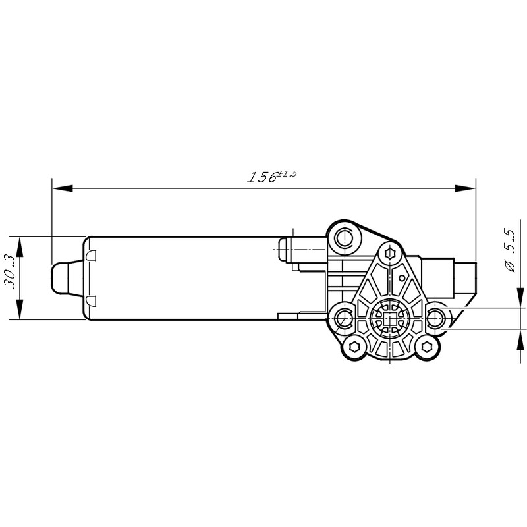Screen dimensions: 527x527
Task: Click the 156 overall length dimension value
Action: click(x=262, y=177)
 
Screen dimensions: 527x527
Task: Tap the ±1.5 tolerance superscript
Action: click(x=288, y=174)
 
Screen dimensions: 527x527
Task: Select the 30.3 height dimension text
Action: click(x=11, y=273)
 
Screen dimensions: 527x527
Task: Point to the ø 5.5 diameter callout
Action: click(x=508, y=251)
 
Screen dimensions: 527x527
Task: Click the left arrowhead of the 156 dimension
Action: click(x=63, y=188)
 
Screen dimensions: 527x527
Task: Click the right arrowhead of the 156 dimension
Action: click(x=465, y=188)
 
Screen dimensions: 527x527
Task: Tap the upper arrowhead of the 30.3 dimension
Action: click(x=20, y=247)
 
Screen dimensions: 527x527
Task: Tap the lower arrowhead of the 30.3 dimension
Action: click(x=20, y=309)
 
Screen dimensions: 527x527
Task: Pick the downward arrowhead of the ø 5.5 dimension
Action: click(x=520, y=297)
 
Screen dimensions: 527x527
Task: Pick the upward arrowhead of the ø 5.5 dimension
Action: click(x=520, y=340)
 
